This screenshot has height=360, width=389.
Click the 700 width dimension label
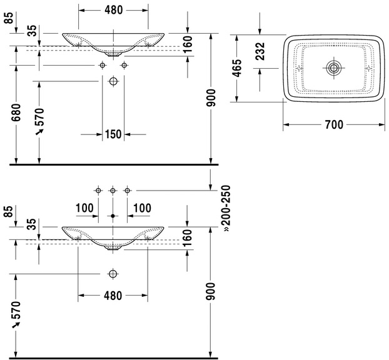tap(334, 124)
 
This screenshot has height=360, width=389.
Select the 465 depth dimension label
tap(237, 68)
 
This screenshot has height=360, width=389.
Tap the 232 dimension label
tap(260, 51)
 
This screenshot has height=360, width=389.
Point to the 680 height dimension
tap(16, 112)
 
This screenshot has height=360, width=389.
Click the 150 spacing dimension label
tap(113, 134)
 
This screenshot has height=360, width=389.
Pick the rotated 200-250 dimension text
tap(226, 208)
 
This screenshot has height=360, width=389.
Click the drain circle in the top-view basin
tap(334, 67)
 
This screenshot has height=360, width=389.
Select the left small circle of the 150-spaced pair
tap(103, 65)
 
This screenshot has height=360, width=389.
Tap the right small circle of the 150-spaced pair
tap(124, 65)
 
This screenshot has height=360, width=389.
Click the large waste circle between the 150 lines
tap(113, 81)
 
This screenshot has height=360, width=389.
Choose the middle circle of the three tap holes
tap(113, 191)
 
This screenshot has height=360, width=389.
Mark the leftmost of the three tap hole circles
tap(98, 191)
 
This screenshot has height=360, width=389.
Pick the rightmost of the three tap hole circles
tap(127, 191)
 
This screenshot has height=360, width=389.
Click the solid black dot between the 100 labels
tap(113, 216)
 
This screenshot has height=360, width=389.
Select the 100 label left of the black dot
tap(84, 208)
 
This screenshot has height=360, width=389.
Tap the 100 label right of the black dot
tap(142, 208)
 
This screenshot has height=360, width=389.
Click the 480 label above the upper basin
tap(113, 10)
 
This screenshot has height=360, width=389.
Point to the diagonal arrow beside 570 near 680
tap(39, 132)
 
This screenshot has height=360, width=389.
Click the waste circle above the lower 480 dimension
tap(113, 274)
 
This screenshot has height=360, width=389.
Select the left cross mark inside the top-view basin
tap(299, 67)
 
